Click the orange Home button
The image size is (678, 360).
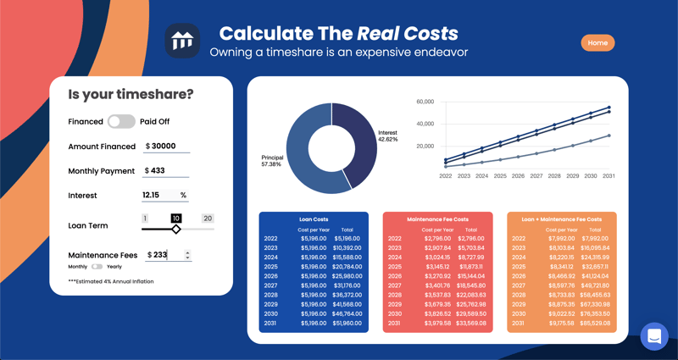pyautogui.click(x=597, y=42)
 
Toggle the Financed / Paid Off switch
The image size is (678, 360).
pyautogui.click(x=121, y=122)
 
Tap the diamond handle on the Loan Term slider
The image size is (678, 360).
pyautogui.click(x=176, y=230)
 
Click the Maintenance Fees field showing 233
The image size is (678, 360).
pyautogui.click(x=165, y=255)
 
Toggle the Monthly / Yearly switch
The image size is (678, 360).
pyautogui.click(x=97, y=267)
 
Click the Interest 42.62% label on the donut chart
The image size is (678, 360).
pyautogui.click(x=387, y=136)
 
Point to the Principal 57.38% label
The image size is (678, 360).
pyautogui.click(x=272, y=160)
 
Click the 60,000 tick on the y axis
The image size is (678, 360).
pyautogui.click(x=425, y=102)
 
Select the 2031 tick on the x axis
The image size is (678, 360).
pyautogui.click(x=609, y=176)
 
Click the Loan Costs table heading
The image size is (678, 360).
pyautogui.click(x=314, y=219)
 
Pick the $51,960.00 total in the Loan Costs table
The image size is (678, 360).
pyautogui.click(x=347, y=323)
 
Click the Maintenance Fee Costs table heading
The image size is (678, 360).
pyautogui.click(x=437, y=219)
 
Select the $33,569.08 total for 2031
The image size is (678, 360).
pyautogui.click(x=470, y=323)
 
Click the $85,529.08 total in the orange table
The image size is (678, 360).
pyautogui.click(x=595, y=323)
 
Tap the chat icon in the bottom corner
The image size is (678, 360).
pyautogui.click(x=654, y=336)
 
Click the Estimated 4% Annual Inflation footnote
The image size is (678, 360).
pyautogui.click(x=111, y=281)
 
